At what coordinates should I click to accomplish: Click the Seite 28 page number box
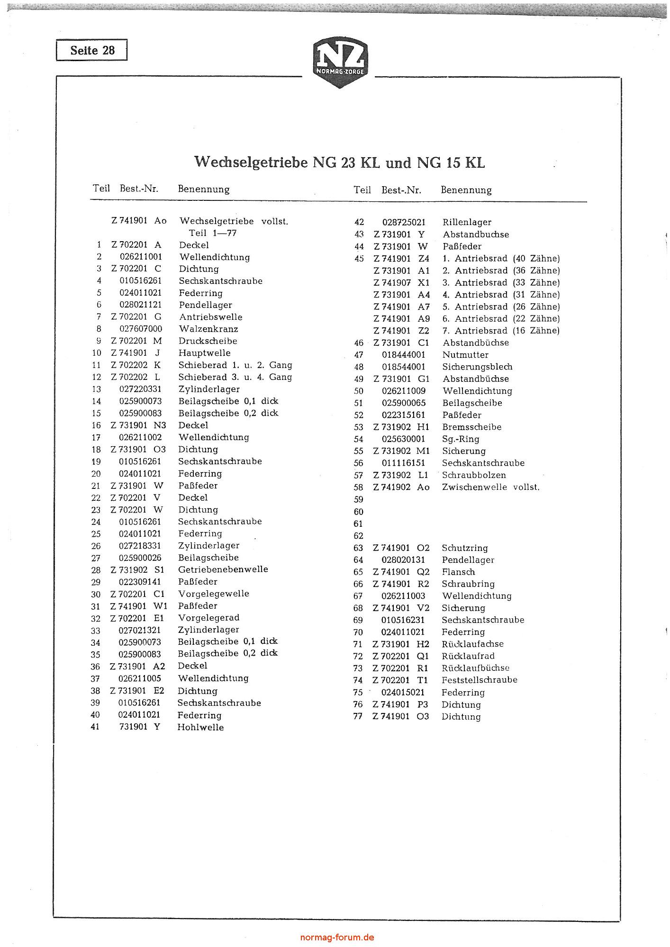pos(92,50)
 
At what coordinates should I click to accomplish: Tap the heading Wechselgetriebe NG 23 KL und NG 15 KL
pos(339,162)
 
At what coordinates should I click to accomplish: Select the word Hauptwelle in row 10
pos(204,353)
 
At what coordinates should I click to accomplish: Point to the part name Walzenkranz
pos(208,329)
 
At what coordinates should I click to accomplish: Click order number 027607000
pos(141,329)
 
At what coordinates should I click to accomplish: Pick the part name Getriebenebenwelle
pos(223,569)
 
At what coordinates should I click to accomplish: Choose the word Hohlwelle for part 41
pos(200,727)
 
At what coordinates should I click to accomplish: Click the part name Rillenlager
pos(467,222)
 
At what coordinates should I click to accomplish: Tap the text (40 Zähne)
pos(536,259)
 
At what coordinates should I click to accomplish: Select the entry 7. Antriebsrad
pos(475,331)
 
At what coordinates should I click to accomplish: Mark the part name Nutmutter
pos(465,355)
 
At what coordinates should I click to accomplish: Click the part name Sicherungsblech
pos(477,367)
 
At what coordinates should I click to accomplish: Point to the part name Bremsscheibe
pos(471,427)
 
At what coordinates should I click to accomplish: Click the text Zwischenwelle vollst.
pos(490,487)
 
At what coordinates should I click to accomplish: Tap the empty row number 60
pos(358,512)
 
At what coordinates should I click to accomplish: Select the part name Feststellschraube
pos(479,680)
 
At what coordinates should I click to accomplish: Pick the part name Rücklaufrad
pos(468,656)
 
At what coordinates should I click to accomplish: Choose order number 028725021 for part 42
pos(404,222)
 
